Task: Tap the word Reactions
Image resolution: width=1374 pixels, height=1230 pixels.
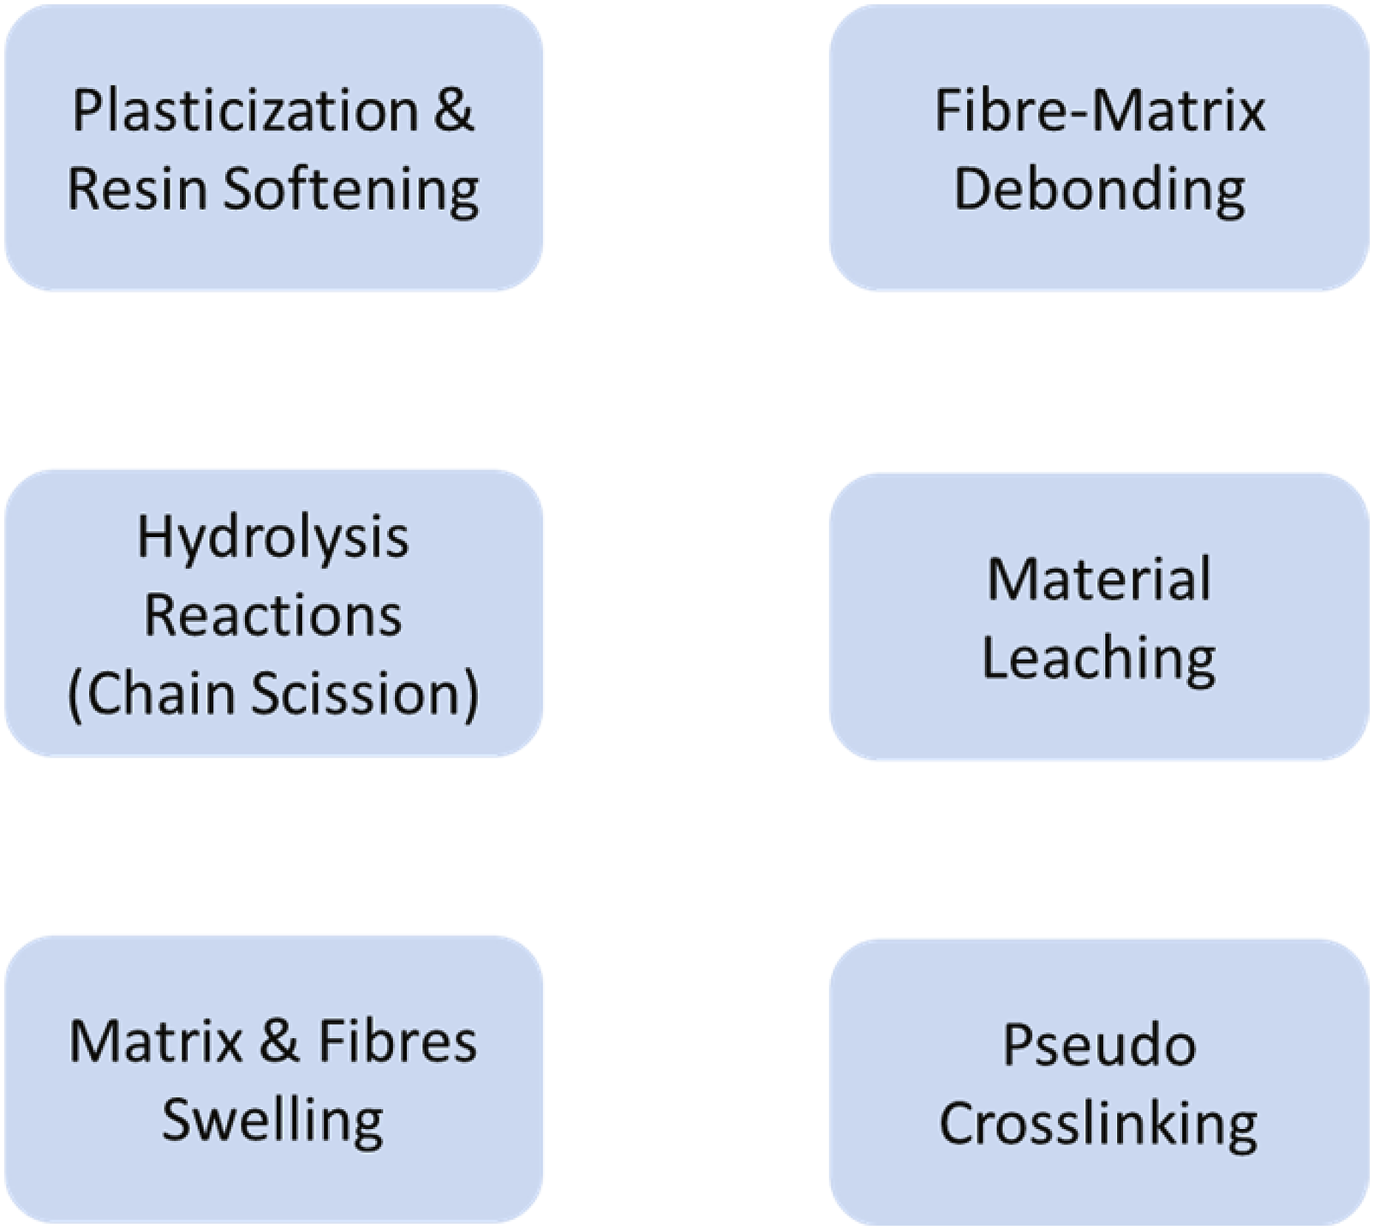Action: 273,615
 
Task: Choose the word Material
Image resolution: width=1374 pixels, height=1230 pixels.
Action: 1099,579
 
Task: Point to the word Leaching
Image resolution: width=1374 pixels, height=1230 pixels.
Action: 1099,660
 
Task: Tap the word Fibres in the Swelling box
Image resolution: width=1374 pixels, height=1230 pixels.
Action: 397,1042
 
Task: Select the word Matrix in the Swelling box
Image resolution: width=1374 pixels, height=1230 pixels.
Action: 157,1042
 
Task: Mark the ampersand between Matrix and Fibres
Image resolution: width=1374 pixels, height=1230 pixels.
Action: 279,1042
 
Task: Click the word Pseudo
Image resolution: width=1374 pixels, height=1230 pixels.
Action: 1099,1045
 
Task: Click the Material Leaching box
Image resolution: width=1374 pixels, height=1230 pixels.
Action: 1099,617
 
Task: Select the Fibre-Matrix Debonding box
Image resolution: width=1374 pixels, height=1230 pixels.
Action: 1099,147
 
